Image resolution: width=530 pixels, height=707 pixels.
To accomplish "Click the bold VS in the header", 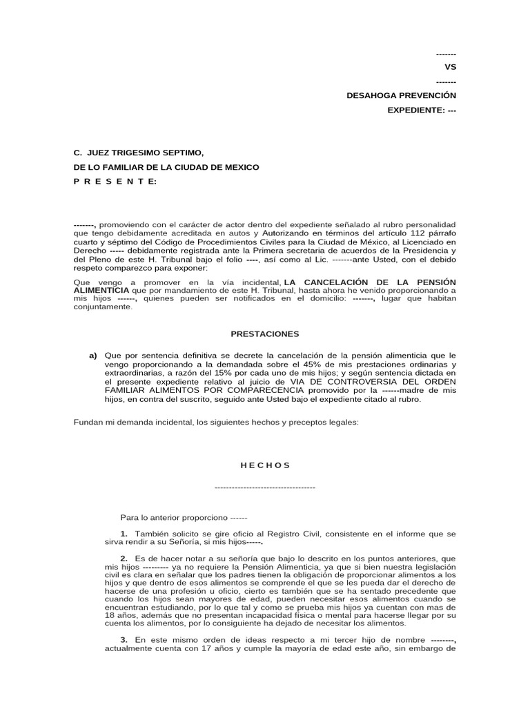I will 450,68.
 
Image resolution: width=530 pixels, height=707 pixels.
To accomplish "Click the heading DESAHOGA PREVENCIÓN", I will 401,95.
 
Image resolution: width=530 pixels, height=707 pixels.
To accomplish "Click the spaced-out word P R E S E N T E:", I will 115,181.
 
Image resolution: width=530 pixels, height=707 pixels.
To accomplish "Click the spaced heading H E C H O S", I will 265,465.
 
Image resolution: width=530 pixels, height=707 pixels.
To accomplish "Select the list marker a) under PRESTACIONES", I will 92,355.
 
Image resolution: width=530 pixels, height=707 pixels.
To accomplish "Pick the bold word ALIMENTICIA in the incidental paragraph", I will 101,291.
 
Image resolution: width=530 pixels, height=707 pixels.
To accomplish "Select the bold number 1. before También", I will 124,534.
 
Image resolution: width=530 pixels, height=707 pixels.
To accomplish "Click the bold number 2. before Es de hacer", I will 124,557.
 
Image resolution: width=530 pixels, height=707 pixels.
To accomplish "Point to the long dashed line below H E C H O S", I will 265,487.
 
